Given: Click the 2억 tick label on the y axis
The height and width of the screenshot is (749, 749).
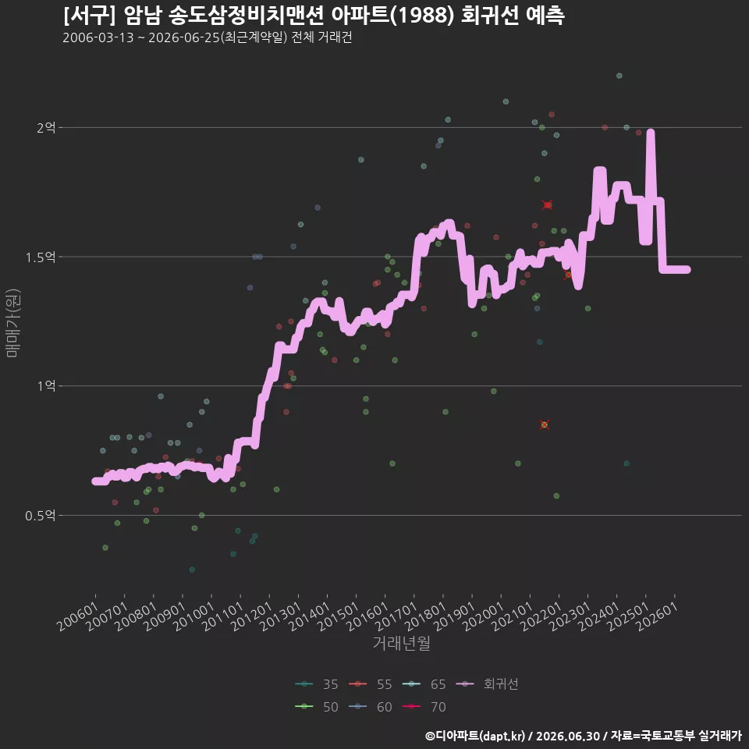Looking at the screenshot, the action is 46,127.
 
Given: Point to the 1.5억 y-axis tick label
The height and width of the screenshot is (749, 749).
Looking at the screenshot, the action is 41,257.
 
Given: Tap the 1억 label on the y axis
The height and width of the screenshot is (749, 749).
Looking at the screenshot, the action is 47,386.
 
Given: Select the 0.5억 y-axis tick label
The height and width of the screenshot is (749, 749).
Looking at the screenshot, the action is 41,516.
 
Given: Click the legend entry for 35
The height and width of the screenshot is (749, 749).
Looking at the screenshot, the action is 316,684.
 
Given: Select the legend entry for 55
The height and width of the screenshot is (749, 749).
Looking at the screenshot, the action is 370,684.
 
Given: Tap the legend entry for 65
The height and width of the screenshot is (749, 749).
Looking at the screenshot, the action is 424,684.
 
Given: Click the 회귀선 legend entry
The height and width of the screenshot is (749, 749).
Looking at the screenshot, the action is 487,684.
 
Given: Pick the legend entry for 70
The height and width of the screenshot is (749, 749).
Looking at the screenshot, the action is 424,707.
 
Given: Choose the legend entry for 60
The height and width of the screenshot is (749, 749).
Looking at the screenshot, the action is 370,707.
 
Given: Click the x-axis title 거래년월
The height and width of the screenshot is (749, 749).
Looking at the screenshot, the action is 401,643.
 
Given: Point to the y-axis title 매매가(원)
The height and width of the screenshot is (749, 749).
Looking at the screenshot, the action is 12,323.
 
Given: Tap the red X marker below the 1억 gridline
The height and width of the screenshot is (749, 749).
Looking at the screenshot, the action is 544,424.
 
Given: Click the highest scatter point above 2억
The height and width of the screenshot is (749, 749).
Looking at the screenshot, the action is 619,76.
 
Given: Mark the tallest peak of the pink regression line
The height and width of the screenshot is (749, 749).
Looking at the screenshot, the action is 650,133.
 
